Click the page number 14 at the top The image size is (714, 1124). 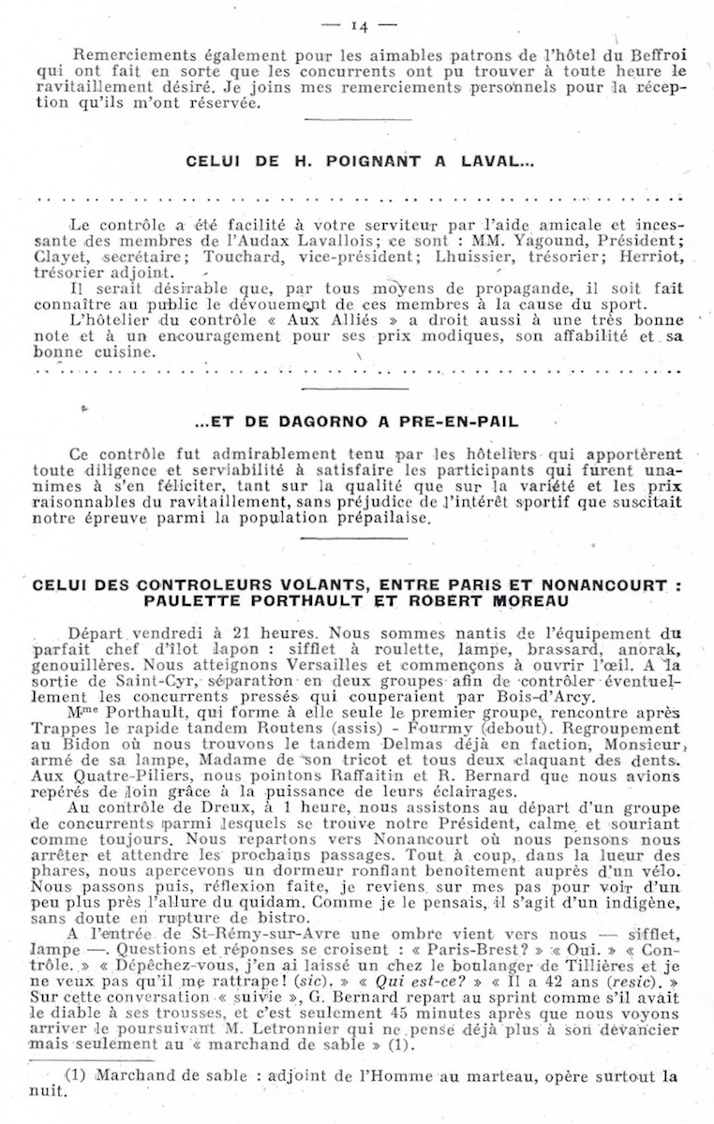pyautogui.click(x=358, y=25)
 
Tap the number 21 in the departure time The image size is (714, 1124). pyautogui.click(x=213, y=633)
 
